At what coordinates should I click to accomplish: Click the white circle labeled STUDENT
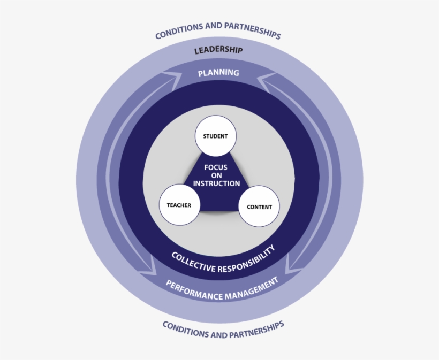(215, 136)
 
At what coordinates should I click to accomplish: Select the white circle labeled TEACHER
(179, 205)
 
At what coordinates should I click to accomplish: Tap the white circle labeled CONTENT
(259, 207)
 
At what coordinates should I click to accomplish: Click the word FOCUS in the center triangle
(215, 167)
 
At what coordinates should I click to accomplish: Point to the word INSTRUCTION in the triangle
(216, 183)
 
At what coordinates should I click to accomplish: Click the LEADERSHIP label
(218, 50)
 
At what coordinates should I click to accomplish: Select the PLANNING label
(218, 73)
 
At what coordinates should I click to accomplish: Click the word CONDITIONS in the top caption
(178, 33)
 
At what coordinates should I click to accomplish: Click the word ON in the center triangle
(216, 175)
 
